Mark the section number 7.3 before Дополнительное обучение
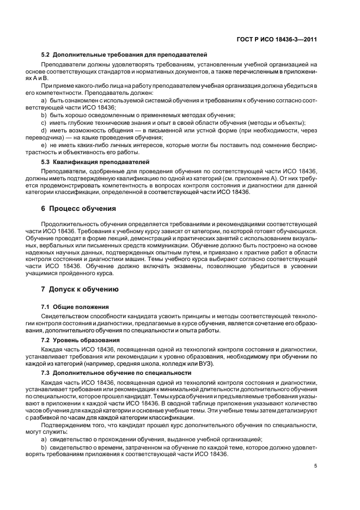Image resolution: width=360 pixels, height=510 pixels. pos(47,373)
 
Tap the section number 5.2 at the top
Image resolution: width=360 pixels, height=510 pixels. pos(47,54)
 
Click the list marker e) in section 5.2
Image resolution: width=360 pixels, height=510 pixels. pos(44,146)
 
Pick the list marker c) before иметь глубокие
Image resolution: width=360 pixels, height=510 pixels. pos(44,123)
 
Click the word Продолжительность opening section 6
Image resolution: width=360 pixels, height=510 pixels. pos(67,224)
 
